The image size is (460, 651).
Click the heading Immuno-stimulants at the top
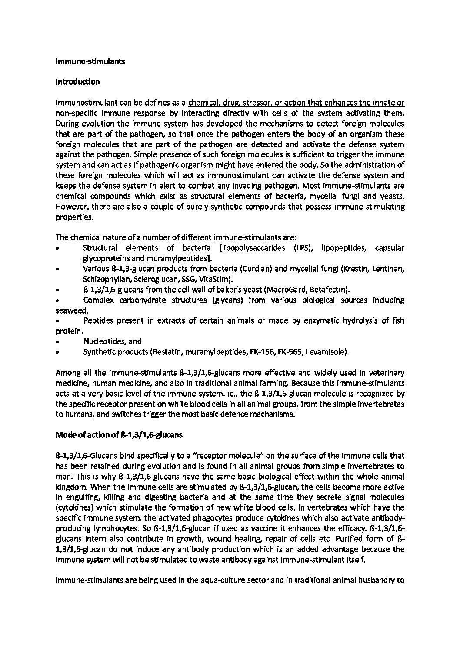click(x=90, y=61)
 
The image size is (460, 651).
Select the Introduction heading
click(x=78, y=82)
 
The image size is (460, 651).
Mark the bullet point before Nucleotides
click(x=58, y=342)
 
